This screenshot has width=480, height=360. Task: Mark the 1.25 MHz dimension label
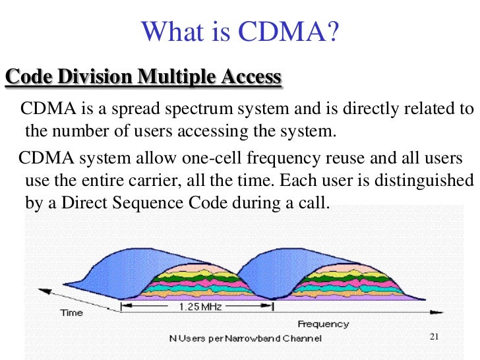point(198,307)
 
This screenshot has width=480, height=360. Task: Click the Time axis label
point(72,313)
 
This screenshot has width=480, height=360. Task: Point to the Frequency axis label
point(323,324)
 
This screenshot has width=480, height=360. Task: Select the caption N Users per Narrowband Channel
point(245,338)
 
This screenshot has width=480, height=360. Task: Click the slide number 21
point(434,338)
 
